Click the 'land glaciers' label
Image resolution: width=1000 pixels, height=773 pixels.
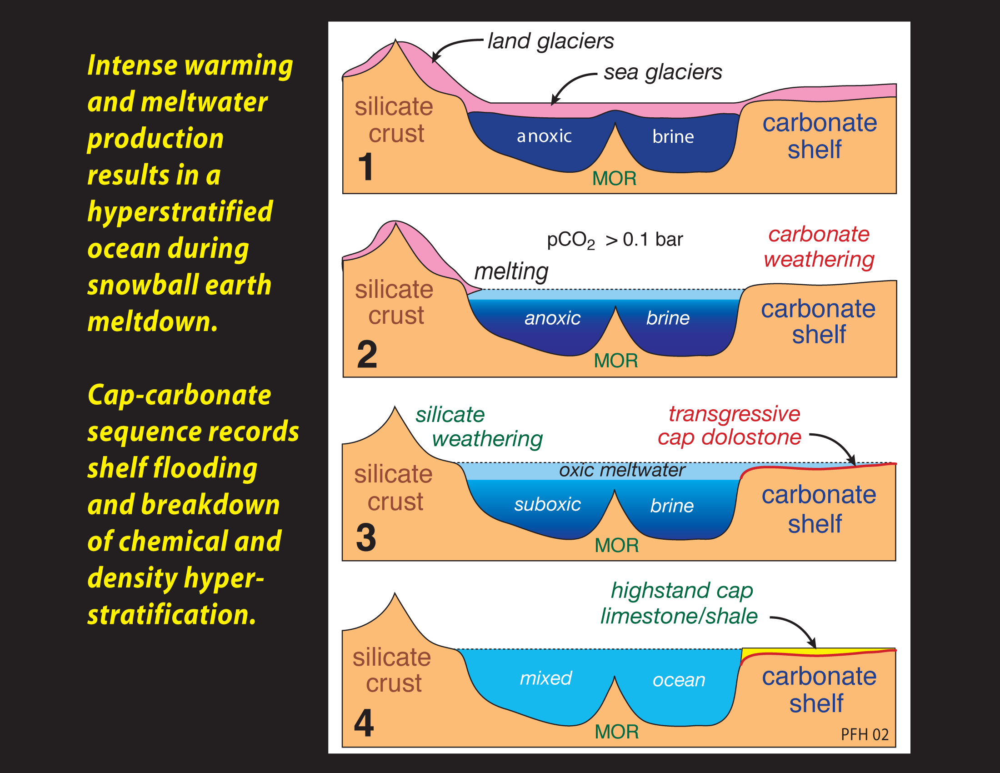[x=550, y=41]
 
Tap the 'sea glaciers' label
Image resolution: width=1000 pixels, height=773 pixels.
[x=663, y=72]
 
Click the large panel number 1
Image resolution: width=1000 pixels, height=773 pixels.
[x=365, y=167]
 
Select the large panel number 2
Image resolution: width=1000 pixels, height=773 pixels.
[x=367, y=355]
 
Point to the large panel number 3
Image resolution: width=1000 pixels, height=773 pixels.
[x=366, y=537]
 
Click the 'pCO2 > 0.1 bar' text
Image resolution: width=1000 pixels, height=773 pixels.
[x=615, y=240]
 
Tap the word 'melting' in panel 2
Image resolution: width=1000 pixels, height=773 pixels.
[x=511, y=271]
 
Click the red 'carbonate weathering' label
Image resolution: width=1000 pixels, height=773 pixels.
[x=819, y=247]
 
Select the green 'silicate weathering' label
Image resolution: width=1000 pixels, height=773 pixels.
[x=479, y=427]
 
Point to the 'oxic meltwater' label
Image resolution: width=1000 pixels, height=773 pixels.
[x=622, y=470]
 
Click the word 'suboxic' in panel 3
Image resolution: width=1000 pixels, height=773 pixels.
[x=547, y=504]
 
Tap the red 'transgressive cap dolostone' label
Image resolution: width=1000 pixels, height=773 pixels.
[x=730, y=426]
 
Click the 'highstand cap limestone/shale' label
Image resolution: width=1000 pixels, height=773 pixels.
[x=680, y=603]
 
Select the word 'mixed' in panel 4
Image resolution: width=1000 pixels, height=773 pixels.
[x=546, y=678]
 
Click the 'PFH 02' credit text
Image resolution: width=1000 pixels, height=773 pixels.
[x=865, y=734]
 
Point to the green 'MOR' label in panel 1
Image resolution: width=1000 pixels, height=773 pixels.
[x=614, y=179]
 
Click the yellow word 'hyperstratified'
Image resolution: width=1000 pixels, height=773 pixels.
[x=180, y=211]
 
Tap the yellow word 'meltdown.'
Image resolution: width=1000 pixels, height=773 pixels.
[x=152, y=321]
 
